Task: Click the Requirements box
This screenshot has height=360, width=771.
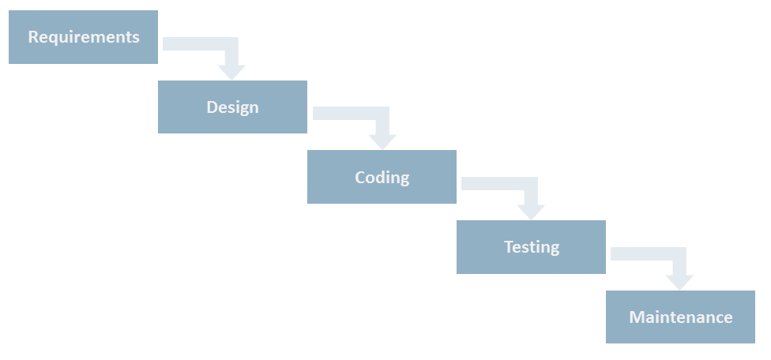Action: click(83, 37)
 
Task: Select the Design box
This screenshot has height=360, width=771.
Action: click(232, 107)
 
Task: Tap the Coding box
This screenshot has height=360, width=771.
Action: click(382, 177)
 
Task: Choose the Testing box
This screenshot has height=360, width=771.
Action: click(531, 247)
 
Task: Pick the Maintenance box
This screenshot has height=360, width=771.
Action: click(680, 317)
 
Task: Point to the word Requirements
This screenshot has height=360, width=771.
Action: click(84, 37)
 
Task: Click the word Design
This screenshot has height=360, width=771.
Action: click(232, 107)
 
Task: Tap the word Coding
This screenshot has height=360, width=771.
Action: click(382, 178)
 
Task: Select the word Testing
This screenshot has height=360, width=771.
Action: click(532, 247)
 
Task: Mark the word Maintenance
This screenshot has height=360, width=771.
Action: click(681, 317)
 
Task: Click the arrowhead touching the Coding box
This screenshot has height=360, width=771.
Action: click(382, 142)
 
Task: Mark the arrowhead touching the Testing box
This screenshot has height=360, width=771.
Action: click(531, 212)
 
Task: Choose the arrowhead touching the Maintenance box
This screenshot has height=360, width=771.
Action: click(679, 283)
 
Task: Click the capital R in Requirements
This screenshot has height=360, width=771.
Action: click(33, 37)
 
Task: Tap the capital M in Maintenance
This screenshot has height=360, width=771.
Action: click(637, 317)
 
